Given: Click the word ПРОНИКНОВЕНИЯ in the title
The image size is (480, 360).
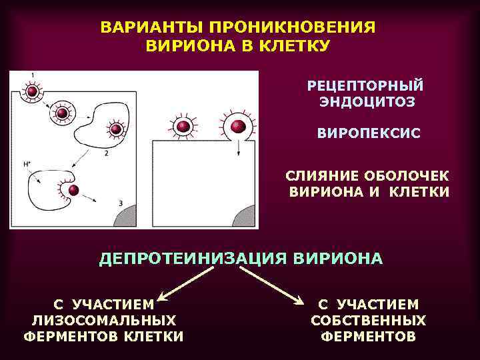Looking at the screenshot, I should point(292,28).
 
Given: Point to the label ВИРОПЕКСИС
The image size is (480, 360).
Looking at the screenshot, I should point(368,133).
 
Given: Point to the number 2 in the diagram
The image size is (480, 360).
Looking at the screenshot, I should point(106,153).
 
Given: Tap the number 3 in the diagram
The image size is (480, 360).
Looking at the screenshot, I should point(120,202).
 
